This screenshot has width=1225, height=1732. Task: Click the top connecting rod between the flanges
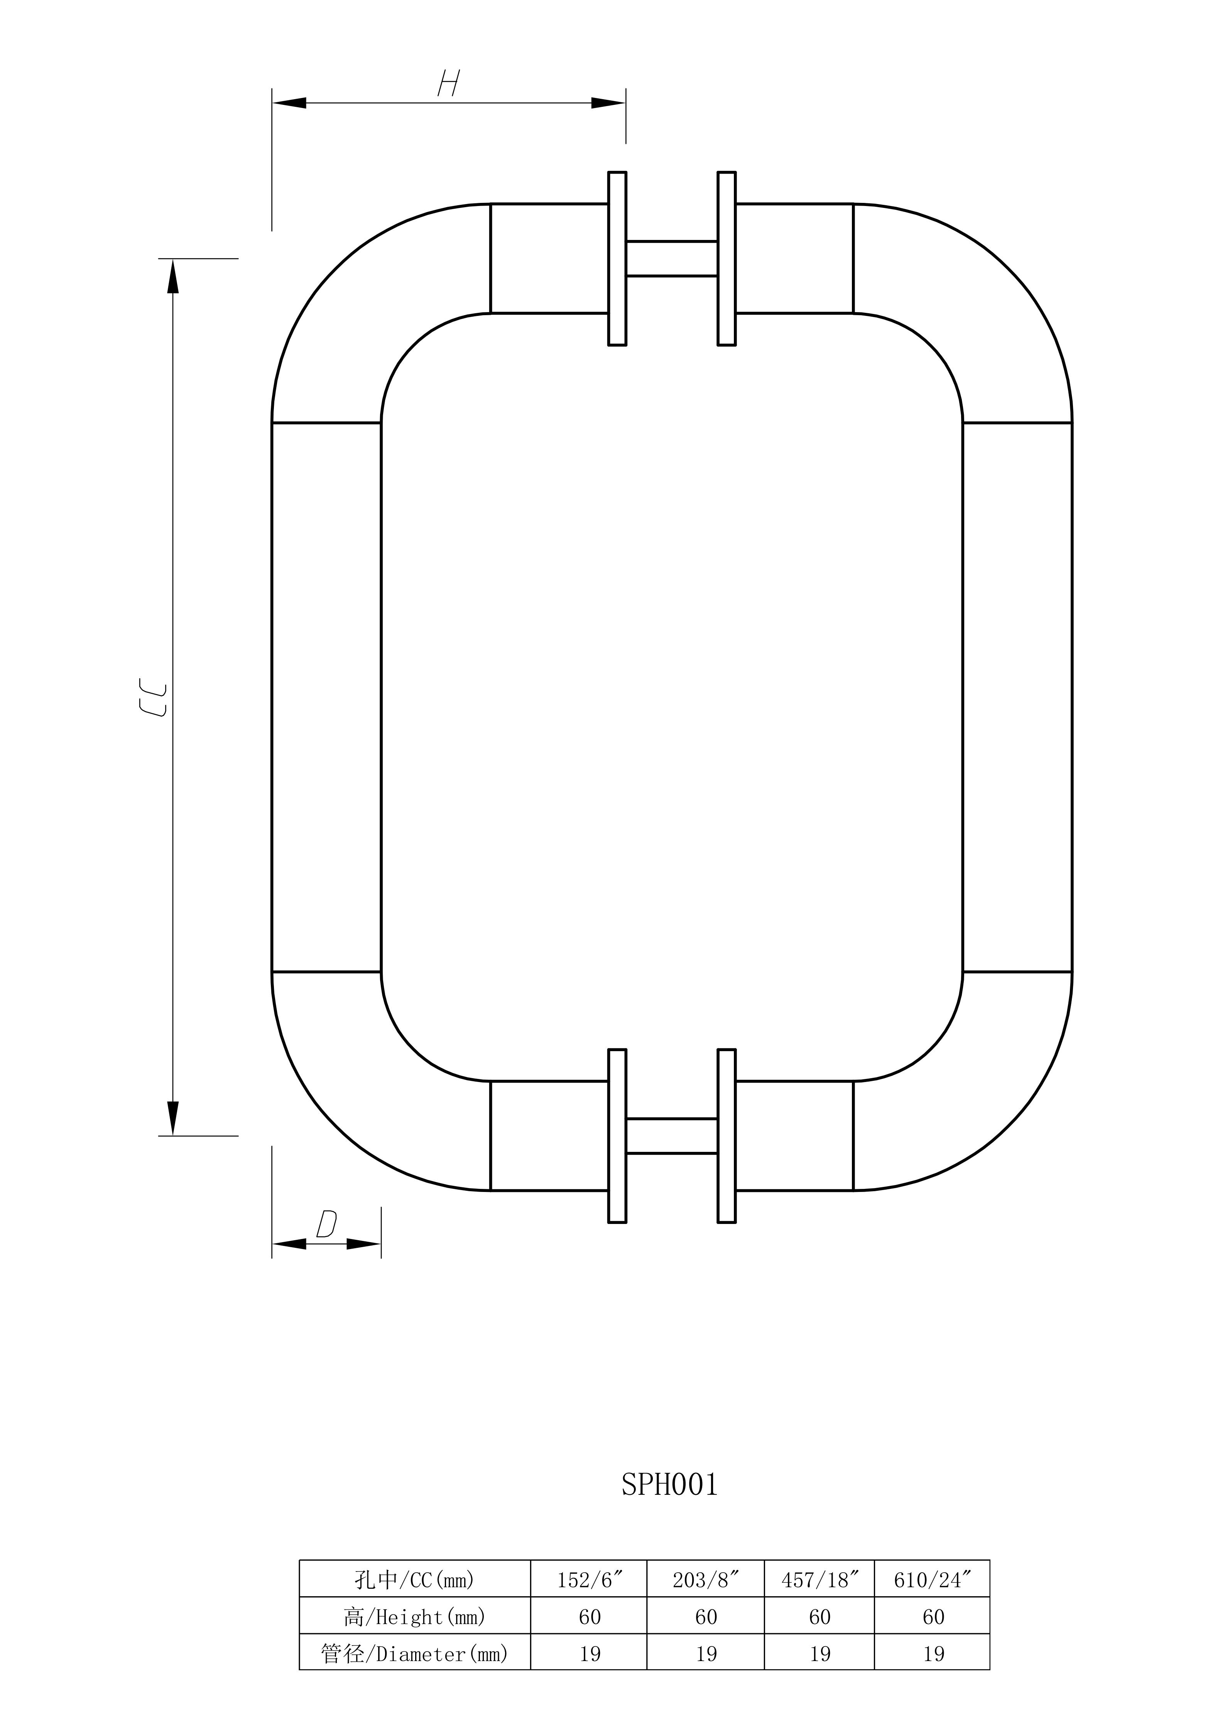pyautogui.click(x=671, y=259)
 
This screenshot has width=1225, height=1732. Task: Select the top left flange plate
pyautogui.click(x=617, y=259)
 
